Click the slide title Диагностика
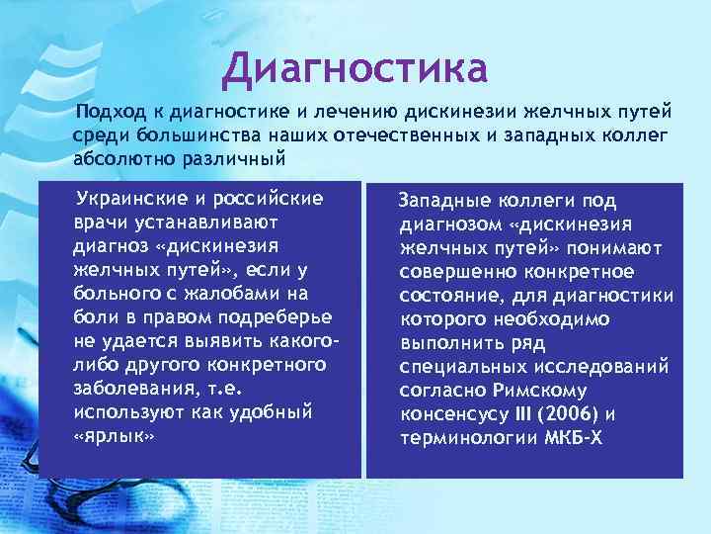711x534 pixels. coord(355,69)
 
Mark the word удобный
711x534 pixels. coord(268,411)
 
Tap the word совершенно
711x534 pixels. coord(460,272)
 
